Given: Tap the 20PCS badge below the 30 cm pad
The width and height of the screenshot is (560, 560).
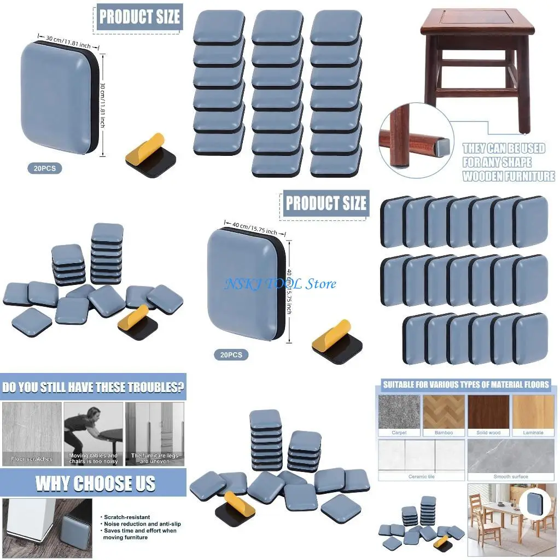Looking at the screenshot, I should tap(44, 168).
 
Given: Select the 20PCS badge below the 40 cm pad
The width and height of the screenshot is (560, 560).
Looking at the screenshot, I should tap(231, 355).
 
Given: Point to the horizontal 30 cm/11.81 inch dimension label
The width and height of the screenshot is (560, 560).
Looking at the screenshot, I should tap(68, 42).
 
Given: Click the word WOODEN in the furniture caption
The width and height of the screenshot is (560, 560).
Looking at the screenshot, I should tap(482, 176).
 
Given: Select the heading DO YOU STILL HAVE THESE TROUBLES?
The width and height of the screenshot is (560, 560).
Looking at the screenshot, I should tap(92, 388).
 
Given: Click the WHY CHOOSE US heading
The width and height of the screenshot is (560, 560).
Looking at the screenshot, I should tap(95, 483).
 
